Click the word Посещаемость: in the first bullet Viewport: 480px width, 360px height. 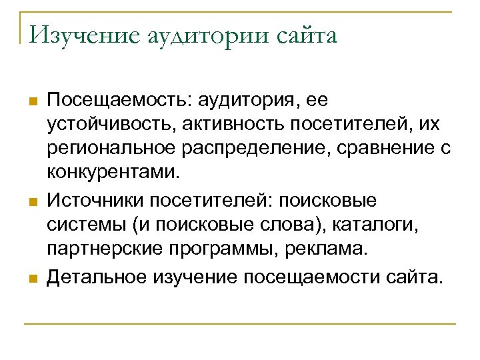[x=117, y=101]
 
